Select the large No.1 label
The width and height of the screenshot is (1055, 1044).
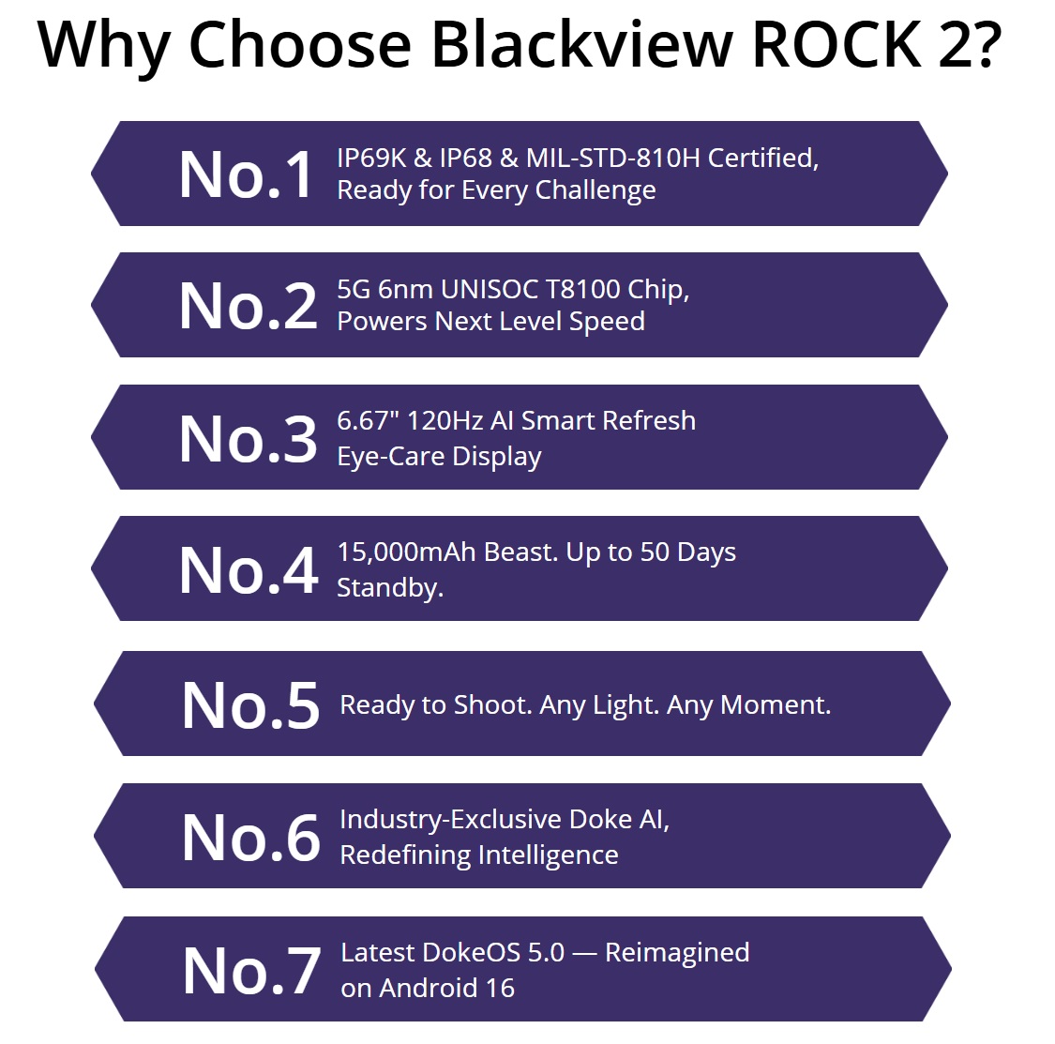pos(247,175)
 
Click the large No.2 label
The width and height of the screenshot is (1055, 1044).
pos(248,307)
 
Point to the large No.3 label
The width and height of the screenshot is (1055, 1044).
pos(248,439)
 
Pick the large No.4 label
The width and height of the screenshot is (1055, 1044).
pos(248,570)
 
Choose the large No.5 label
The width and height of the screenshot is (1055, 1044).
pos(250,705)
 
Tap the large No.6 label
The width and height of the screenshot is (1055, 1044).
pos(250,838)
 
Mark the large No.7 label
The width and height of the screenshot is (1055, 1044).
pos(250,971)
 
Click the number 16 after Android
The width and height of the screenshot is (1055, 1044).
pos(500,988)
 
